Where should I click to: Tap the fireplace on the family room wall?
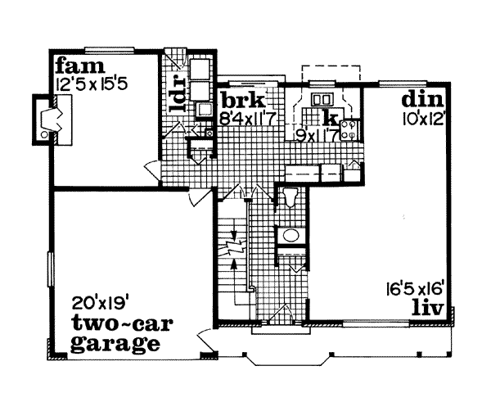[46, 120]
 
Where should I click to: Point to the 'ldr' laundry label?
[174, 97]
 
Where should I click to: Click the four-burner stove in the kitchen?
[348, 127]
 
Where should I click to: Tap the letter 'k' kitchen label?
[328, 116]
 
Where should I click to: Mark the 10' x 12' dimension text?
[422, 118]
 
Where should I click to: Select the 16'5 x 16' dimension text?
[417, 287]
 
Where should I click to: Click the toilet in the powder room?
[289, 196]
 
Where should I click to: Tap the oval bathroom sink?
[290, 236]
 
